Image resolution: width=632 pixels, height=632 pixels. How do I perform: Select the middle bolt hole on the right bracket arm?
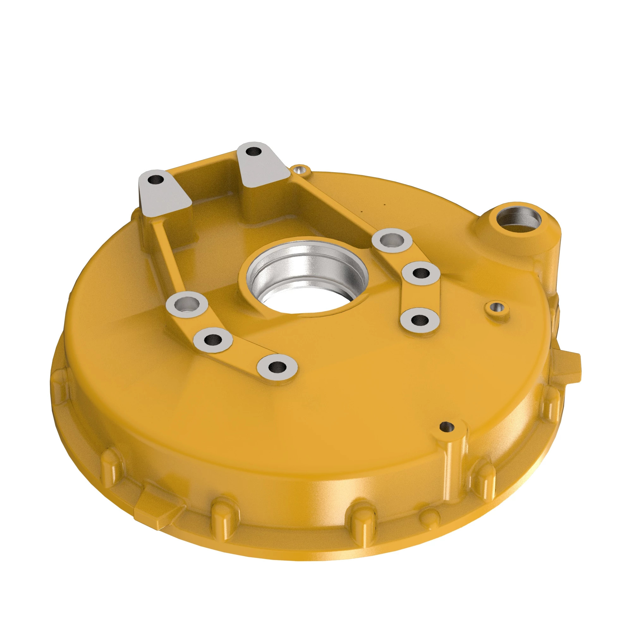click(421, 272)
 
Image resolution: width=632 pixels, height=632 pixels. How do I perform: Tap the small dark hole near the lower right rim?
click(447, 427)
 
